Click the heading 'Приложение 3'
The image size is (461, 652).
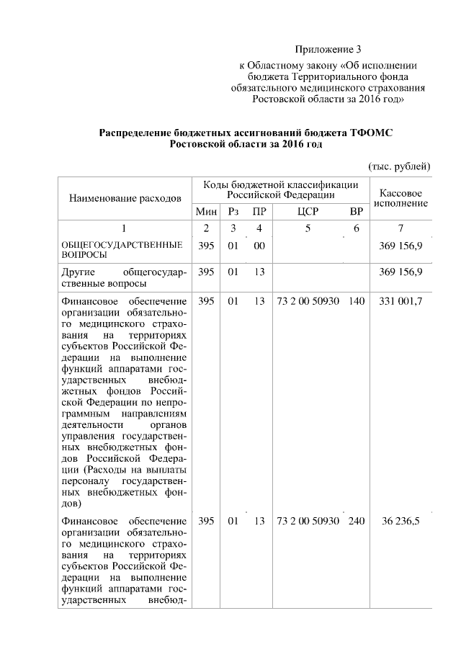point(328,50)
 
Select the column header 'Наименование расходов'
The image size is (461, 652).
point(125,197)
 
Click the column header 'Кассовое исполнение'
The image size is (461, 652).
point(400,198)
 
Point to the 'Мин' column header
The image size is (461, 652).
point(206,212)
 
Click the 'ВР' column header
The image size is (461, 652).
point(356,212)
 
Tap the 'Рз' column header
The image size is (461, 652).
point(233,212)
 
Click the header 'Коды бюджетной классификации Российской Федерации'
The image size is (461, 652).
point(281,190)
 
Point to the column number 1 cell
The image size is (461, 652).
point(124,229)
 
